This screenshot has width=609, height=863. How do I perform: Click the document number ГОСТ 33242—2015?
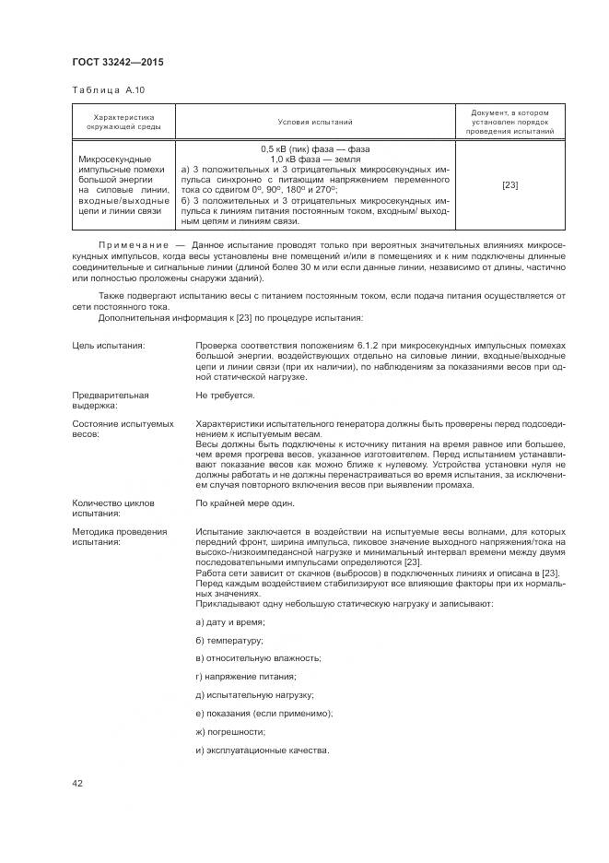click(x=118, y=63)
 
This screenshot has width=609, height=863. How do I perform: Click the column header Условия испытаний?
click(x=315, y=122)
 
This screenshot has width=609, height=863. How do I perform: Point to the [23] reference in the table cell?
click(x=509, y=185)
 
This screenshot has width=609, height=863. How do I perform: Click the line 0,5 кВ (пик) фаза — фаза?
click(x=315, y=149)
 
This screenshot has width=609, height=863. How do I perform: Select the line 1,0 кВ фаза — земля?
click(x=315, y=160)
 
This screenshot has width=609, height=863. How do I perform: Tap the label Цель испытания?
click(x=109, y=345)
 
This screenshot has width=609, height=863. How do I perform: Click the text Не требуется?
click(x=225, y=395)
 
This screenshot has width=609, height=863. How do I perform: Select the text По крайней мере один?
click(x=244, y=503)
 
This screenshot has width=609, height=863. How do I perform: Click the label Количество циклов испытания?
click(x=113, y=508)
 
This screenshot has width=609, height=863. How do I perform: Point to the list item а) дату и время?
click(x=229, y=623)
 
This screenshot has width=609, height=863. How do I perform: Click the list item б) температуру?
click(x=229, y=641)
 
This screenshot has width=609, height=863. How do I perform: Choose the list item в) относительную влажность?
click(x=258, y=658)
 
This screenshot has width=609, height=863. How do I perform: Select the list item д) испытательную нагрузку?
click(x=255, y=694)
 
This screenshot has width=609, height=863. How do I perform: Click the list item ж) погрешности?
click(x=230, y=731)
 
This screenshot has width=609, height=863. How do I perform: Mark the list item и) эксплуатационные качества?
click(x=263, y=749)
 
